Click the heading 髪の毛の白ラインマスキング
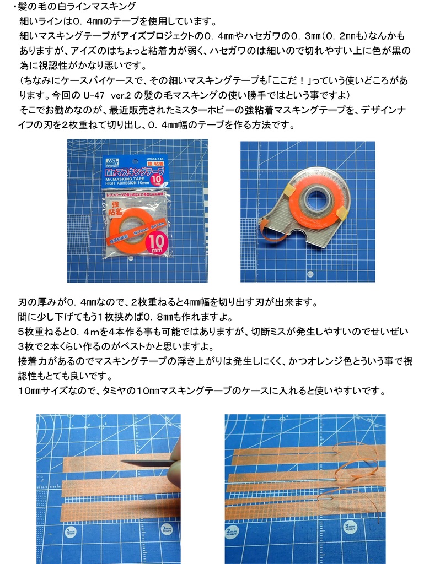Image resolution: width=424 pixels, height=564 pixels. point(77,6)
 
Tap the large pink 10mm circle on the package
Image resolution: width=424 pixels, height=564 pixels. point(157,242)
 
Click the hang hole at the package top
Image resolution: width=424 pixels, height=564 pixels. point(135,160)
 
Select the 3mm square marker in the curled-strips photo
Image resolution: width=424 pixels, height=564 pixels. point(351,528)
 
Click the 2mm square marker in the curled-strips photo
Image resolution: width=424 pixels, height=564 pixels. point(232,532)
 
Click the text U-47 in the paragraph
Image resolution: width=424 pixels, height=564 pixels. point(93,95)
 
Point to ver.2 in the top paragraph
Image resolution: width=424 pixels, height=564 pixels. point(121,95)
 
